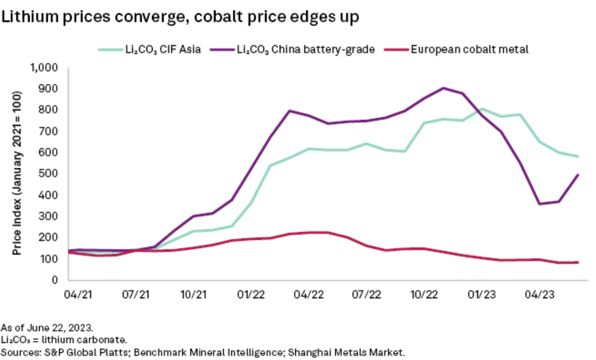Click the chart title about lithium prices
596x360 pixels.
181,17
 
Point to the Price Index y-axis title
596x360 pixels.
17,174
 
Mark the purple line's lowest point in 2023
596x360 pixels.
539,204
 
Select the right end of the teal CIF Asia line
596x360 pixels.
578,157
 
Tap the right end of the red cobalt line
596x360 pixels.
578,262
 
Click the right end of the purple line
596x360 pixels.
578,175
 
